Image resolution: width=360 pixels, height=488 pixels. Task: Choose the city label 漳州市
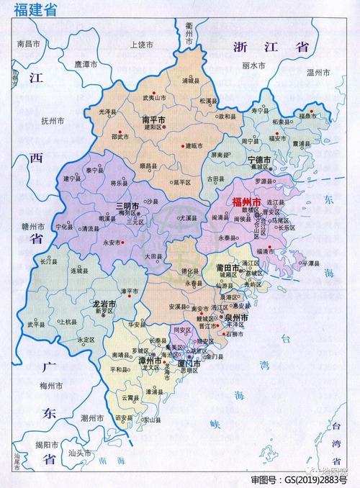(x=150, y=359)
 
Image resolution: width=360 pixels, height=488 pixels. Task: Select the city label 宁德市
(x=258, y=159)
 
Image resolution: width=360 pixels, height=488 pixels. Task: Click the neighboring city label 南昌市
(x=29, y=44)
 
